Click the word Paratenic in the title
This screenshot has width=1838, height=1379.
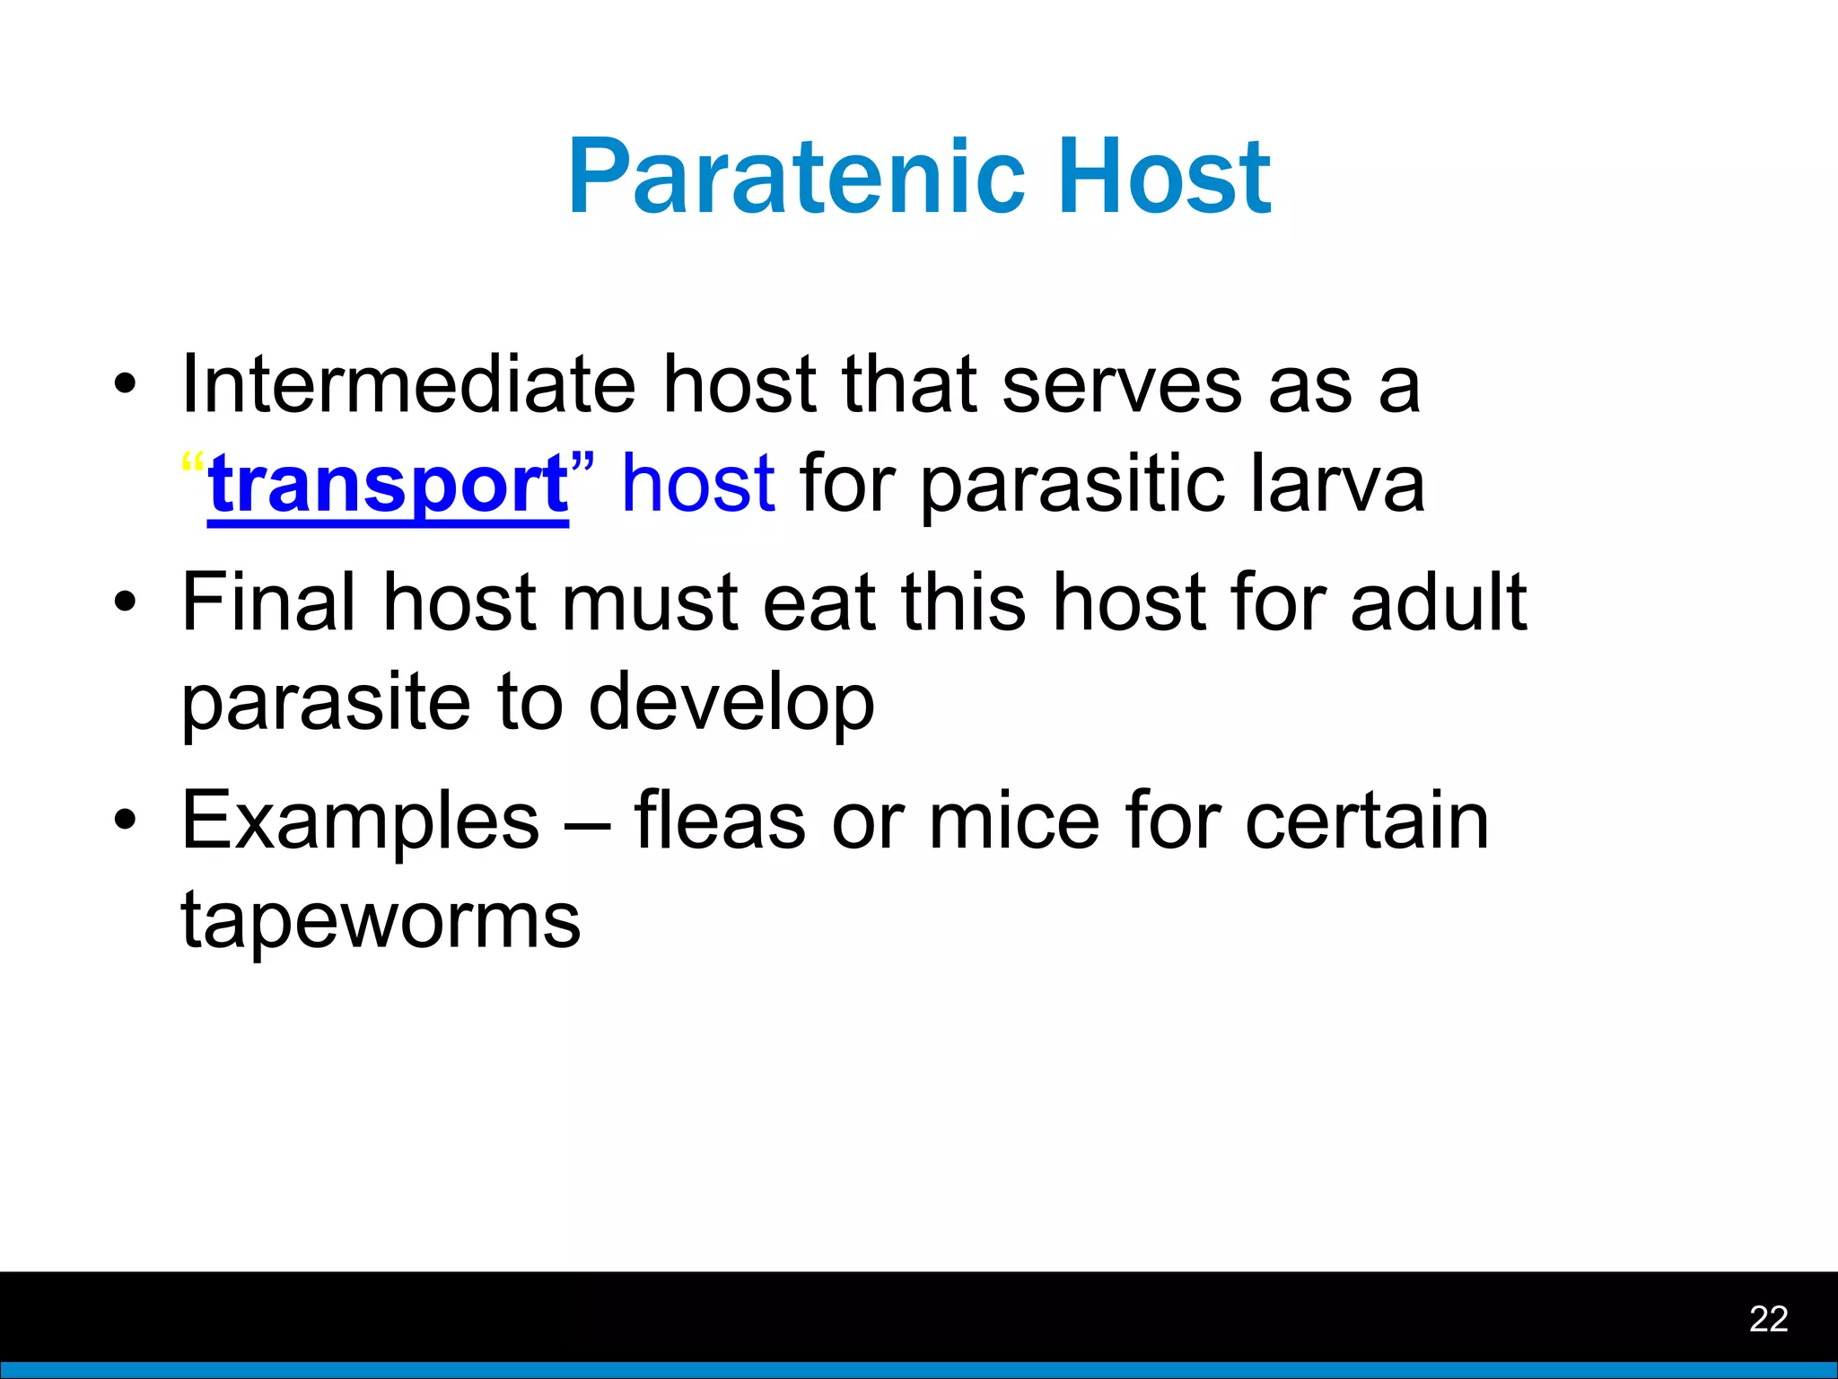coord(795,177)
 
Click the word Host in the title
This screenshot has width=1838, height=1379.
coord(1164,177)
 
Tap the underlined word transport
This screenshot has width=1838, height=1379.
coord(388,485)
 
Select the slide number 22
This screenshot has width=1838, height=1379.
coord(1768,1319)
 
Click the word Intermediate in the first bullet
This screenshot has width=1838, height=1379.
coord(408,384)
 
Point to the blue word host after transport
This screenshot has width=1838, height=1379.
coord(698,485)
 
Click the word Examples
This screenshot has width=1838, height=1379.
coord(360,821)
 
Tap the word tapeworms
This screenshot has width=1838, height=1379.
coord(381,920)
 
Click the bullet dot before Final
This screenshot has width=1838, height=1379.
coord(126,603)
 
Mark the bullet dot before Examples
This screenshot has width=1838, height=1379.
coord(126,821)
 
